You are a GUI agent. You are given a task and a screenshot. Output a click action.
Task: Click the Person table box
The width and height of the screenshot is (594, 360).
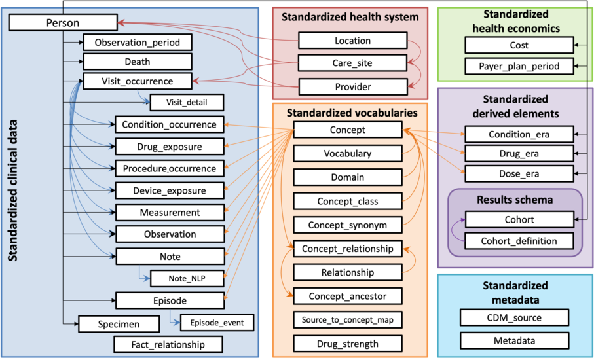pos(63,23)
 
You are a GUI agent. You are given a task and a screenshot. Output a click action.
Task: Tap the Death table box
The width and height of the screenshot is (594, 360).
pos(137,62)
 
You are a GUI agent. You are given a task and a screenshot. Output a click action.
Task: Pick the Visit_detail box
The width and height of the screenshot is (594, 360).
pos(187,103)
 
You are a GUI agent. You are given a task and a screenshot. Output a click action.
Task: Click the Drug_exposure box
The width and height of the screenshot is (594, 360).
pos(169,147)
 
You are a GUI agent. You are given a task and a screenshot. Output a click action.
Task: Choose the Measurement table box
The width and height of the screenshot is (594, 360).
pos(169,213)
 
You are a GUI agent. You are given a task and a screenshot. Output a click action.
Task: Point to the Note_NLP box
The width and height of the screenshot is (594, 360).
pos(187,278)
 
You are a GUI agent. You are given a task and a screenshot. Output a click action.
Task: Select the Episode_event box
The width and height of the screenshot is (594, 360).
pos(216,323)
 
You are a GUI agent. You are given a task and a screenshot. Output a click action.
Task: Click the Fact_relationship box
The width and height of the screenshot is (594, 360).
pos(168,344)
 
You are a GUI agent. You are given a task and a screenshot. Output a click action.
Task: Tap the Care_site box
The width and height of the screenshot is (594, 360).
pos(352,63)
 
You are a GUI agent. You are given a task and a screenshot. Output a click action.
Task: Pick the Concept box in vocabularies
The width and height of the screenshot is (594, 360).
pos(347,130)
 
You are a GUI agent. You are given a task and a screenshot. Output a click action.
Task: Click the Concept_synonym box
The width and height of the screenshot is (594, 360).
pos(347,225)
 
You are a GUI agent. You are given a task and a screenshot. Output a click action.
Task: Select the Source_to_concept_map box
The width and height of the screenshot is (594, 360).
pos(347,320)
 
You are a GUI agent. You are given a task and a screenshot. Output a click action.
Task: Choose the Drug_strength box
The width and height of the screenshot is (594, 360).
pos(347,344)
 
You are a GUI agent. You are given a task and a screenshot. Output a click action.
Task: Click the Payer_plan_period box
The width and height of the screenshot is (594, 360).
pos(519,66)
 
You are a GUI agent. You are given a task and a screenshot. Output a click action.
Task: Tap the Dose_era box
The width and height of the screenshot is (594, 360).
pos(519,174)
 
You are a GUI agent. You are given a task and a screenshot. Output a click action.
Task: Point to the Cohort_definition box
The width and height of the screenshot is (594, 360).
pos(519,241)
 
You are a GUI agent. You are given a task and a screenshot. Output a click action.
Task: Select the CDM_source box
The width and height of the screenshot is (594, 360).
pos(514,318)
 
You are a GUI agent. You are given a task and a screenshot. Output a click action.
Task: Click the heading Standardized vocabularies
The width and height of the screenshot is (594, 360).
pos(352,113)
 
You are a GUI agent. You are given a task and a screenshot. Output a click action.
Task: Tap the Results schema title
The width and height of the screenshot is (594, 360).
pos(515,200)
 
